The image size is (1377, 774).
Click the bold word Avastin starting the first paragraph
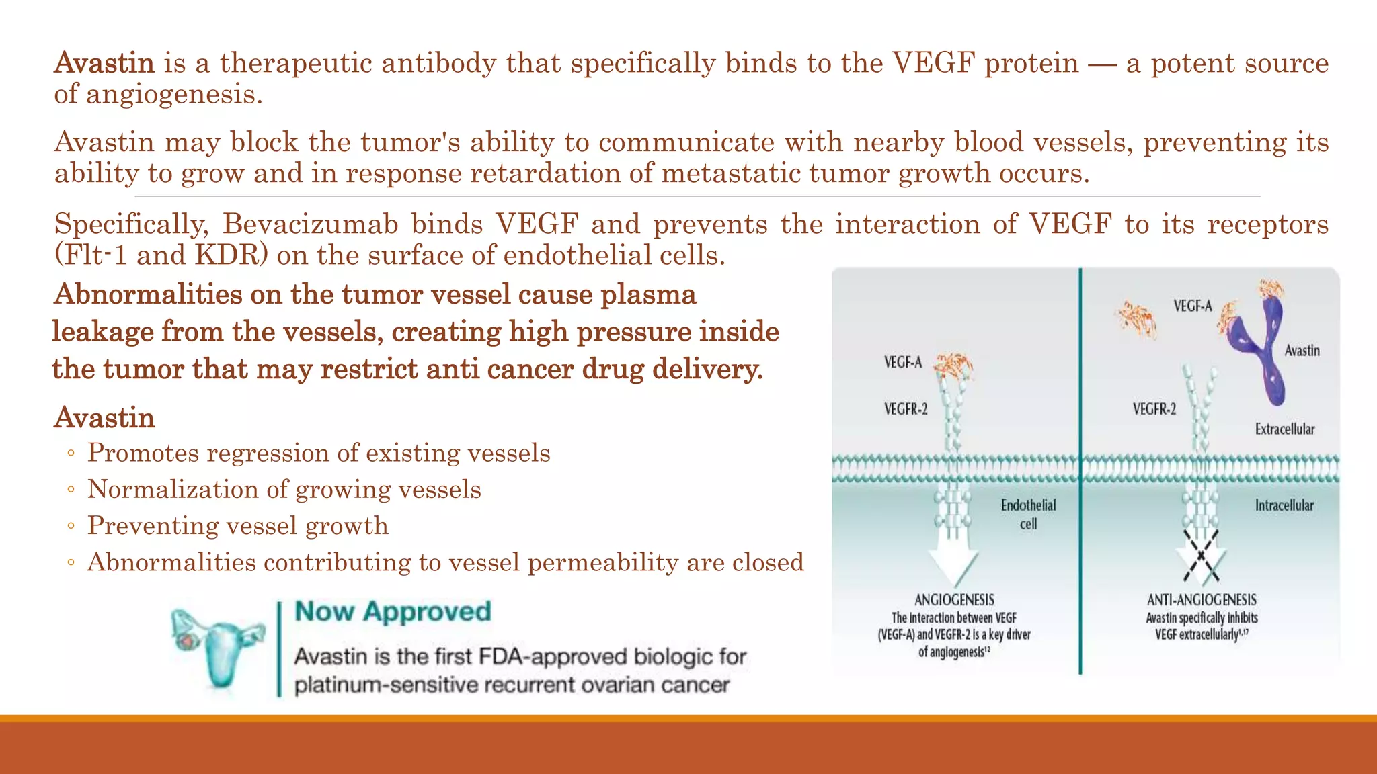(104, 63)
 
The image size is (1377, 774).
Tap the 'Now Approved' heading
(393, 611)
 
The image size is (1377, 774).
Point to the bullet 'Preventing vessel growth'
(238, 526)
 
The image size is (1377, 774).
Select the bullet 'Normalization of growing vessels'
(284, 490)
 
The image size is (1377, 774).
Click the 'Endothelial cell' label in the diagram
(1028, 514)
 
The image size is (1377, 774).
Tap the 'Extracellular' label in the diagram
(1284, 429)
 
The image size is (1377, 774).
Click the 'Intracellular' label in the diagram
(1284, 505)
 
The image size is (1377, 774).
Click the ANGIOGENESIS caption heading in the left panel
(954, 600)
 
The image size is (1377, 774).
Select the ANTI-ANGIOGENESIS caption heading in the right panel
(1201, 600)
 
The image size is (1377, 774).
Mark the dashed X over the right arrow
(1201, 556)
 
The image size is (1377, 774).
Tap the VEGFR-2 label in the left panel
(905, 409)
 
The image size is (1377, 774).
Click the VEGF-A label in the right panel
(1192, 306)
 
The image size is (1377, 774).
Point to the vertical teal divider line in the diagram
(1080, 470)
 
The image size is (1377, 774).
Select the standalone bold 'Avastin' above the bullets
(104, 418)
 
